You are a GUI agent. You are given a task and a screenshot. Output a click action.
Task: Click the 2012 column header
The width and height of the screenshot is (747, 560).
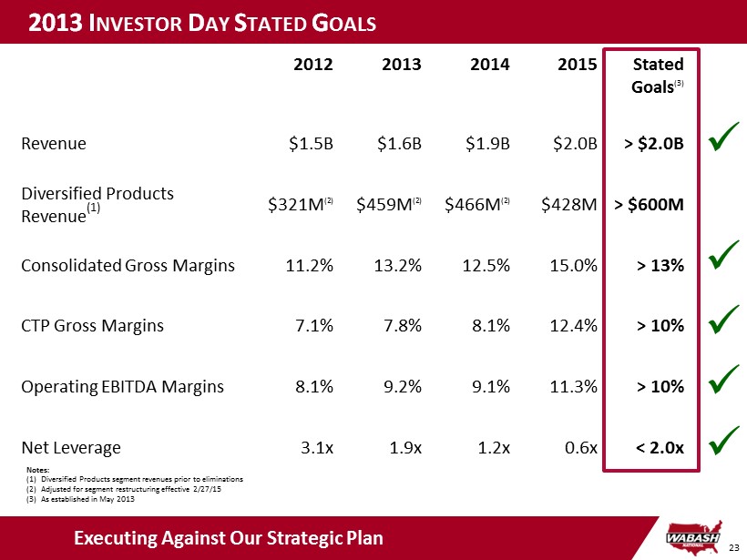tap(313, 65)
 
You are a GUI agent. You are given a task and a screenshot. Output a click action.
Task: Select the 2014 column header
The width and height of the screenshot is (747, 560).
tap(490, 65)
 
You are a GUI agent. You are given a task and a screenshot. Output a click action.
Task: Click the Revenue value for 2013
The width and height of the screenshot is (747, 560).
tap(400, 143)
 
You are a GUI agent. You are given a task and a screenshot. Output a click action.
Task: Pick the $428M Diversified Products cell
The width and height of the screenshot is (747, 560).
tap(569, 205)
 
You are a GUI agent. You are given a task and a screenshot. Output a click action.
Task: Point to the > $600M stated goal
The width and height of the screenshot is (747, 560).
tap(650, 205)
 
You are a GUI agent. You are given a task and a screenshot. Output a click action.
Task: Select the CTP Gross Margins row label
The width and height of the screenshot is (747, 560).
tap(94, 325)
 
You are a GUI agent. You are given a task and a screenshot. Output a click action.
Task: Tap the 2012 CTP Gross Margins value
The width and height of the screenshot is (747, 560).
tap(314, 325)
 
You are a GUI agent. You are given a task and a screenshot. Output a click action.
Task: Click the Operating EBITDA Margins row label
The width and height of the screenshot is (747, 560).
tap(121, 386)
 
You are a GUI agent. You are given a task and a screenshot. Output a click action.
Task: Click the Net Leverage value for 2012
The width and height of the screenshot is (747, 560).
tap(316, 447)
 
